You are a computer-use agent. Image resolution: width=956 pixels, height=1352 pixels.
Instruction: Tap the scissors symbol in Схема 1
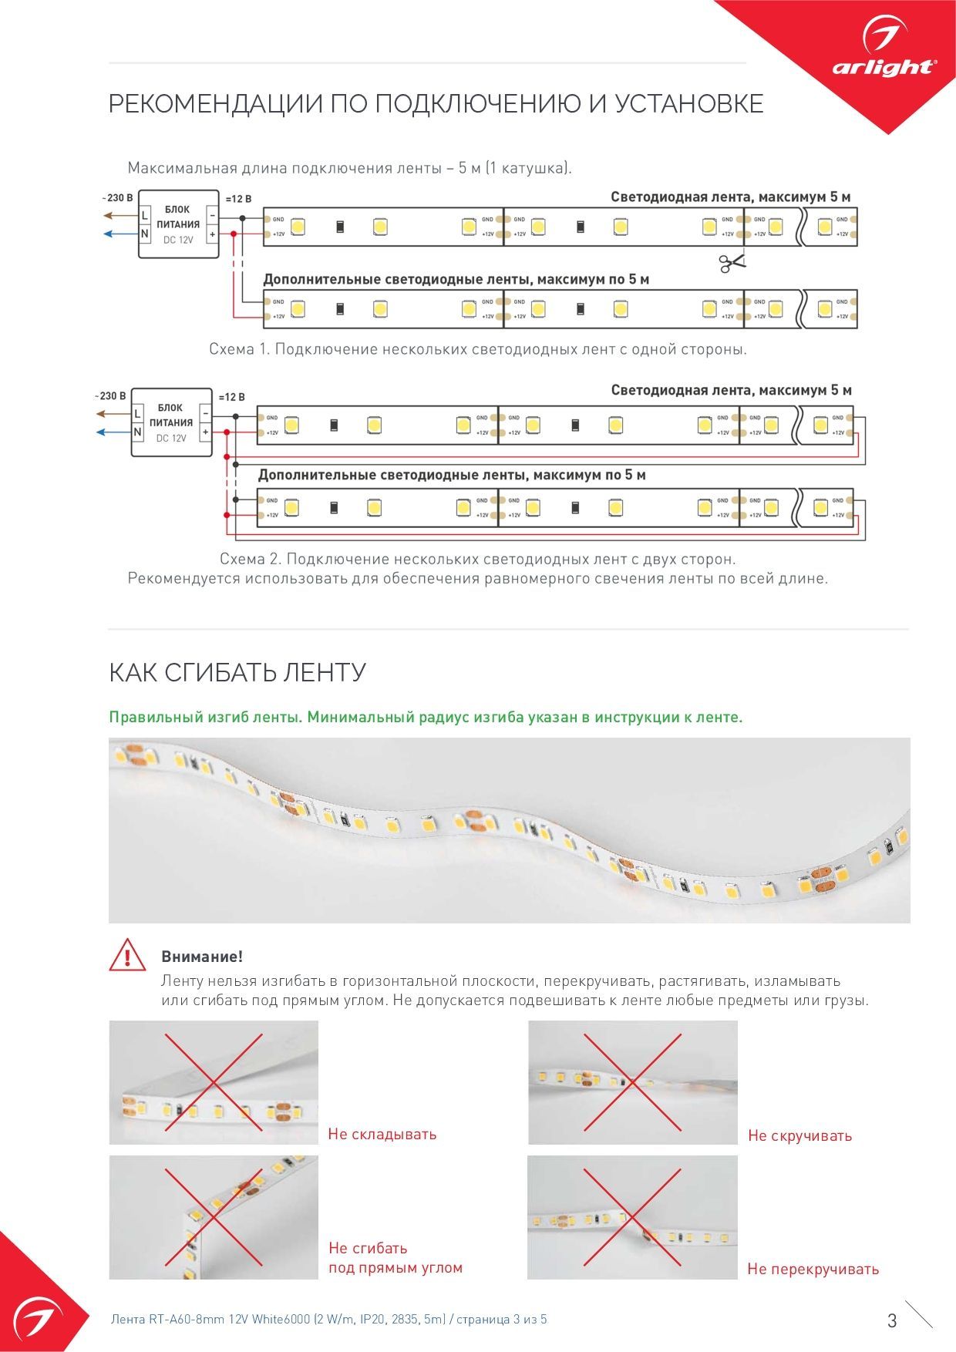[x=732, y=263]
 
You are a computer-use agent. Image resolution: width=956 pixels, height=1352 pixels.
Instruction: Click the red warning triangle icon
[x=126, y=955]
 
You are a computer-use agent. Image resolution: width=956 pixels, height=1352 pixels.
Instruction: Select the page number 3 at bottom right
[x=892, y=1320]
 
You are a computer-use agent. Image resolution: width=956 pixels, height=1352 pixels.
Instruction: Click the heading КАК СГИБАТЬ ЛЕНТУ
[x=237, y=672]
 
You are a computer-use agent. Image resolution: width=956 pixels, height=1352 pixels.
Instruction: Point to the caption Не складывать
[x=382, y=1134]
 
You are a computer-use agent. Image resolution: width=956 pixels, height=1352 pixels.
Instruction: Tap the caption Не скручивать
[x=799, y=1135]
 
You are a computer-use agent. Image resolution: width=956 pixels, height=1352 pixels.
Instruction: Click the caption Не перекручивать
[x=813, y=1269]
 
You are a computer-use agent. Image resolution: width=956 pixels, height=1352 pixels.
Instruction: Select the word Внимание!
[x=202, y=957]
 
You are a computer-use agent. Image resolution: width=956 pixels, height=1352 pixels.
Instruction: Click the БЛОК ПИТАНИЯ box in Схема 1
[x=178, y=224]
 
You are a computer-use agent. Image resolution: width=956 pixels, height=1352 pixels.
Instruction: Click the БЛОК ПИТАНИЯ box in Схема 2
[x=171, y=422]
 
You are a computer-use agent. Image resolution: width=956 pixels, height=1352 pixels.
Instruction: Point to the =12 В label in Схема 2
[x=231, y=397]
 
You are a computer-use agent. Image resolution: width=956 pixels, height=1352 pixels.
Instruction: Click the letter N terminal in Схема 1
[x=144, y=233]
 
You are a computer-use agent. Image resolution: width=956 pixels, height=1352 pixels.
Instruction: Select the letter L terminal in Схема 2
[x=137, y=414]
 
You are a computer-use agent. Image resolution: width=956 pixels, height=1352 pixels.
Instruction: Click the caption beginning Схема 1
[x=478, y=349]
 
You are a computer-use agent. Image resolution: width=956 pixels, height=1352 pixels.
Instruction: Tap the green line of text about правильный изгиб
[x=426, y=717]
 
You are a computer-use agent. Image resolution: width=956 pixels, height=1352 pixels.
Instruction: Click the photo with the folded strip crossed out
[x=214, y=1082]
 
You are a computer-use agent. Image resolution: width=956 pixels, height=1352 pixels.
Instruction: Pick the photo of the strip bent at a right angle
[x=214, y=1217]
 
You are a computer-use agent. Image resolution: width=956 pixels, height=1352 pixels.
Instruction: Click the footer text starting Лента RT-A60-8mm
[x=329, y=1319]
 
